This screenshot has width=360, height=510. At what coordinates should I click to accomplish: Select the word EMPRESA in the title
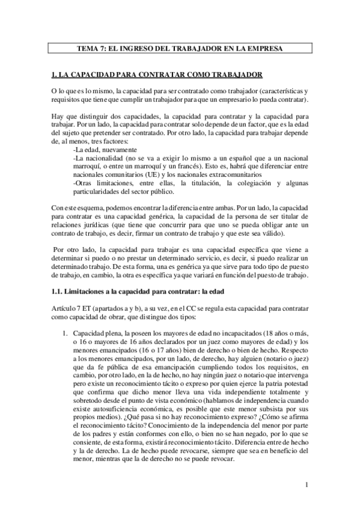(x=266, y=48)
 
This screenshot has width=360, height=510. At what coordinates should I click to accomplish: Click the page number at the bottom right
(x=307, y=485)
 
